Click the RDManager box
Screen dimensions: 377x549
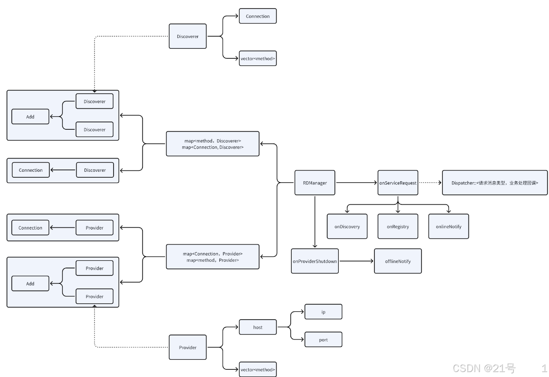(x=315, y=183)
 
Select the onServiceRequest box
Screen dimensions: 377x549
(x=398, y=183)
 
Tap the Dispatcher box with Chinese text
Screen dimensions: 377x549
(x=495, y=183)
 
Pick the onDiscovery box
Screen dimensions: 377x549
(x=347, y=226)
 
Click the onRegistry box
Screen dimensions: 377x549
(x=398, y=226)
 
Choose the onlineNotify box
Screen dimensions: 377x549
(x=449, y=226)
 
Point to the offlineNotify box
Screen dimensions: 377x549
(x=398, y=261)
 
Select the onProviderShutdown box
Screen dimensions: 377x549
(x=315, y=261)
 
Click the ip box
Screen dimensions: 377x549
(x=323, y=312)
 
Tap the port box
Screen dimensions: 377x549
(x=323, y=339)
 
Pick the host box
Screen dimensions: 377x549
(x=258, y=327)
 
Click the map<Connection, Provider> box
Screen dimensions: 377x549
(x=213, y=257)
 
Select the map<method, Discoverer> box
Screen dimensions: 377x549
(x=213, y=144)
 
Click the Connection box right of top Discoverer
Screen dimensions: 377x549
(x=258, y=16)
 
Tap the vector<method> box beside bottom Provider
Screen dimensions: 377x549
(x=258, y=369)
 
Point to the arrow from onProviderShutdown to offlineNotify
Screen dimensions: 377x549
(x=356, y=261)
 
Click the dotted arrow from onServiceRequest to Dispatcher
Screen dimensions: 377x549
(x=430, y=183)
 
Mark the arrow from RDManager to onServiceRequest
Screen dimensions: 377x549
(x=356, y=183)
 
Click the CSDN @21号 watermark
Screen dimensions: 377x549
(x=484, y=368)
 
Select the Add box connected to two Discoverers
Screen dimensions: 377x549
(x=30, y=117)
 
